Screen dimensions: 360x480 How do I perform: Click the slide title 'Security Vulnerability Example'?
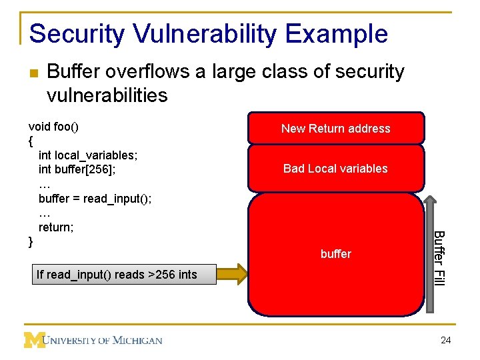tap(208, 33)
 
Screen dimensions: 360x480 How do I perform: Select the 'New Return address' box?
tap(335, 129)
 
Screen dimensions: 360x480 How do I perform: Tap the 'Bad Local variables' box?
tap(335, 169)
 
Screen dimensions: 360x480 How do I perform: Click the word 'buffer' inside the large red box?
tap(335, 254)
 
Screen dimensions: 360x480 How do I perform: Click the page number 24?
tap(446, 341)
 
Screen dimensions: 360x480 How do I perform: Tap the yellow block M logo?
tap(34, 340)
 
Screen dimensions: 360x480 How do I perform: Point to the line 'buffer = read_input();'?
tap(95, 199)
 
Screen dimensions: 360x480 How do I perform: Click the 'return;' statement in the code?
tap(56, 227)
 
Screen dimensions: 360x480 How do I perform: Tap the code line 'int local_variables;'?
tap(88, 155)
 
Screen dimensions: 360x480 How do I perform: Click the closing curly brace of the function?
tap(31, 241)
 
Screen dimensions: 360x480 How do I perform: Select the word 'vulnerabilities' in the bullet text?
tap(107, 95)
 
